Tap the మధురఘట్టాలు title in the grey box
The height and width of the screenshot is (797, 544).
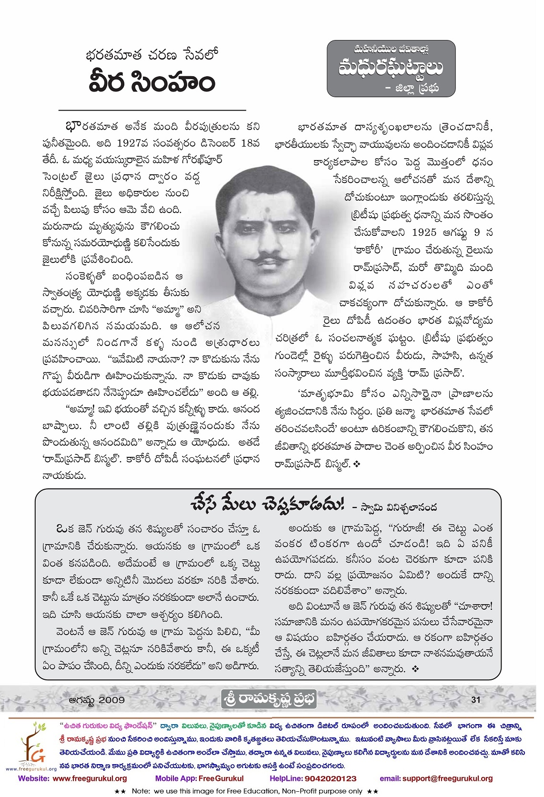pos(391,67)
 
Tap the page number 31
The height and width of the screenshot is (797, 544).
pos(475,699)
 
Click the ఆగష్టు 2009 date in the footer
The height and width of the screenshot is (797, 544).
pos(97,700)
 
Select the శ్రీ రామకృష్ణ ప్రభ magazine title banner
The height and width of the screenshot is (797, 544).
pos(270,699)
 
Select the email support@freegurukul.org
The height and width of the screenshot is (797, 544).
pos(436,778)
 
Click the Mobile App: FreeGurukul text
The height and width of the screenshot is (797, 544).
pos(199,778)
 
